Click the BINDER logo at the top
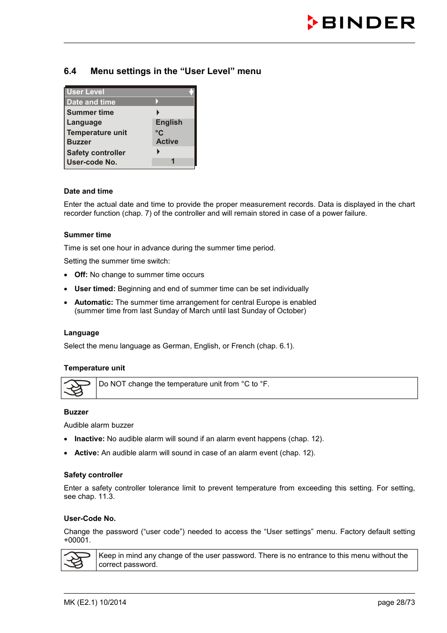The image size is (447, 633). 361,23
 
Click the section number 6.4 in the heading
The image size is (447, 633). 70,71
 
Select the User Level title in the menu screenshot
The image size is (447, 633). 86,92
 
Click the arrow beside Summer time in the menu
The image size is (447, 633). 158,113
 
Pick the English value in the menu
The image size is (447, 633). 169,122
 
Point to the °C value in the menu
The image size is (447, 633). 159,133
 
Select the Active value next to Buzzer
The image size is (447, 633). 167,142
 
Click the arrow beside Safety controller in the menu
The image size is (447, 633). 158,152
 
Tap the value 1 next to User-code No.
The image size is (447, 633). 173,161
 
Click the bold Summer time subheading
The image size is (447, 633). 88,235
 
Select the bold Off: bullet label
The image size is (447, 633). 81,275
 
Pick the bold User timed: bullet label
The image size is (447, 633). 95,289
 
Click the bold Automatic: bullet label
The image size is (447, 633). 94,302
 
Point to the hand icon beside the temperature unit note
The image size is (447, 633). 78,388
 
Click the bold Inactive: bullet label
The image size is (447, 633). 89,439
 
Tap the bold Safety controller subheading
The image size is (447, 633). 93,475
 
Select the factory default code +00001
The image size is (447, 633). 77,540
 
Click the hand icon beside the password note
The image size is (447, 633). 78,560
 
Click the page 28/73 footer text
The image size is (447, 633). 396,603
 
